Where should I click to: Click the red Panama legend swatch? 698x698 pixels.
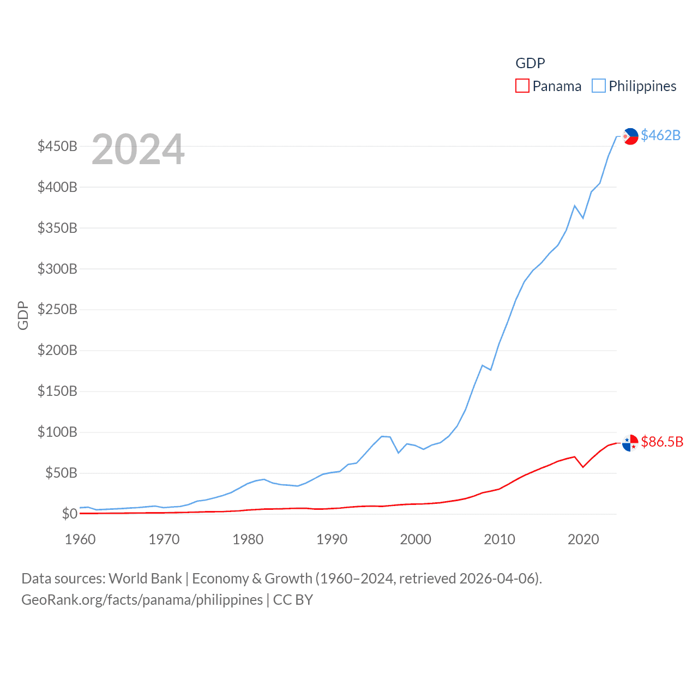(x=522, y=86)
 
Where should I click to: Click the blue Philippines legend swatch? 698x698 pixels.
(x=599, y=86)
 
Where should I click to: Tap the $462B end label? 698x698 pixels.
(x=660, y=135)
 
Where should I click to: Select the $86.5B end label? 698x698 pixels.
(x=662, y=442)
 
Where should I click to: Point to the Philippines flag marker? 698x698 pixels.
(x=630, y=136)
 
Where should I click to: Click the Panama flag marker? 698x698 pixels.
(x=630, y=443)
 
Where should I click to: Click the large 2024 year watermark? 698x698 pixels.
(x=138, y=149)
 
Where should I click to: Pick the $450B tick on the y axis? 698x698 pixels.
(x=57, y=146)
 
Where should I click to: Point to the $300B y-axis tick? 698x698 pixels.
(x=57, y=269)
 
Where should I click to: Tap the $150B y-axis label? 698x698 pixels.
(x=57, y=391)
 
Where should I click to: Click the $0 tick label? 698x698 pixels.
(x=69, y=514)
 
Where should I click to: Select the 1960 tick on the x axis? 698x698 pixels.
(x=80, y=539)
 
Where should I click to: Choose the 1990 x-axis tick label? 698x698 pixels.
(x=332, y=539)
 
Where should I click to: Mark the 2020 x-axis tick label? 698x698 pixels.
(x=583, y=539)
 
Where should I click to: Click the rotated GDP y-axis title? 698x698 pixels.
(x=23, y=315)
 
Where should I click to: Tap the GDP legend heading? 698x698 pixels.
(x=530, y=63)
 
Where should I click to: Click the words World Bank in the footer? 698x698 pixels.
(x=145, y=578)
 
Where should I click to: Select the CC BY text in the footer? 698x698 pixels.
(x=293, y=600)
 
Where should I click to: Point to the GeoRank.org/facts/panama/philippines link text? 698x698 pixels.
(x=142, y=600)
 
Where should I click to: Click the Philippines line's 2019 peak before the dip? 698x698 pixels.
(x=575, y=206)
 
